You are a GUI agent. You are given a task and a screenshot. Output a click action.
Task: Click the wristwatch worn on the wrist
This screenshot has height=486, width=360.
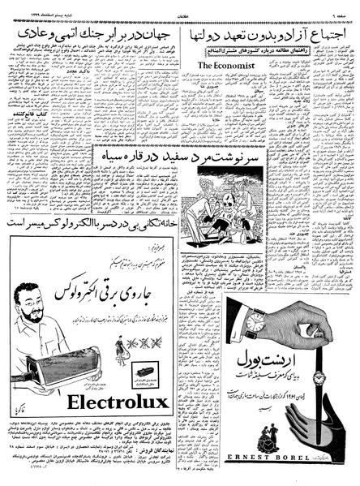(256, 322)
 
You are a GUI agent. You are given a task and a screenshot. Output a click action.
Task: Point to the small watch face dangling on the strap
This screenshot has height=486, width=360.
(319, 377)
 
